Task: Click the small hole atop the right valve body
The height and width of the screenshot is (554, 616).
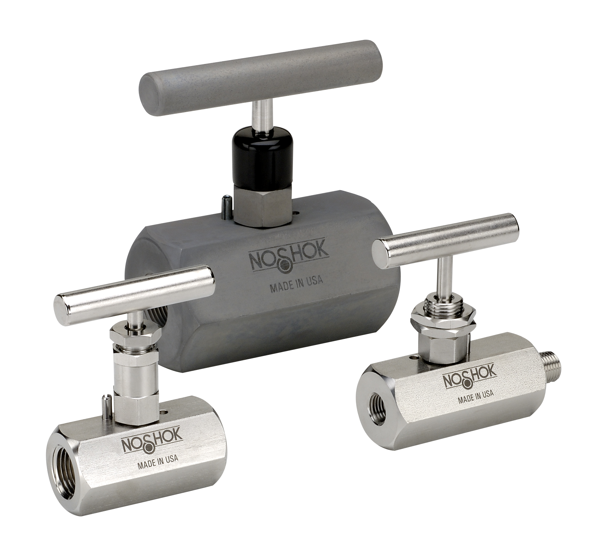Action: click(415, 358)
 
